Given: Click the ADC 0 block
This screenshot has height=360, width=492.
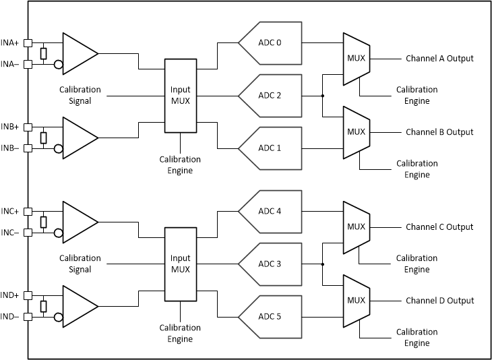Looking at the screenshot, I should click(270, 43).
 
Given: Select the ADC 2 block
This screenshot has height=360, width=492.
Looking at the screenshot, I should click(270, 95).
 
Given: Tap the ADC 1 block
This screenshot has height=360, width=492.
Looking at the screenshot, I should click(270, 148).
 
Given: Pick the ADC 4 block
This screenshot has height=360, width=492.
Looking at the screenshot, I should click(270, 211).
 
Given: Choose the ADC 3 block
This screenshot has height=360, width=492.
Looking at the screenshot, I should click(270, 264).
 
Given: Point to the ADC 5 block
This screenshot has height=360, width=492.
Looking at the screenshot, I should click(270, 316).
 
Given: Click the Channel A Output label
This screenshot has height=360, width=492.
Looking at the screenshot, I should click(439, 58).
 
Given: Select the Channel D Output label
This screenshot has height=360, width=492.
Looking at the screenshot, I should click(439, 301).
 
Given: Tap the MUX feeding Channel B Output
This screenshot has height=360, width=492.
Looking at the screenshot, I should click(355, 132).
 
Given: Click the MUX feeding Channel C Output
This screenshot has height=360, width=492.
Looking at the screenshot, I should click(355, 227).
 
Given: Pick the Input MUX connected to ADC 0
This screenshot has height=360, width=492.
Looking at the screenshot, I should click(180, 95).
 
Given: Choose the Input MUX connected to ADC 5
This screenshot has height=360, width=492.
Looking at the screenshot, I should click(180, 264).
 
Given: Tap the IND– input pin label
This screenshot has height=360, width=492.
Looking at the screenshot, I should click(11, 317).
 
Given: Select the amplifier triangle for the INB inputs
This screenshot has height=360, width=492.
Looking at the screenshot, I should click(80, 137).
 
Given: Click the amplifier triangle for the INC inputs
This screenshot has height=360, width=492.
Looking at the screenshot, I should click(80, 222).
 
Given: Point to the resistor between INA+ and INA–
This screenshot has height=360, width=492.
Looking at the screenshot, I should click(43, 54).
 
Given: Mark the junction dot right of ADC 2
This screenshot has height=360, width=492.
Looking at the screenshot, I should click(323, 95).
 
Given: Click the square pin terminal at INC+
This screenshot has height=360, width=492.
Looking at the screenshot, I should click(28, 211).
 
